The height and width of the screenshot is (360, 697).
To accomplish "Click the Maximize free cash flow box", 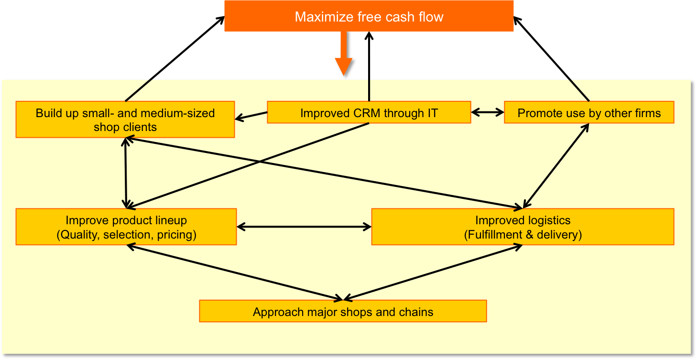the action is pyautogui.click(x=369, y=16).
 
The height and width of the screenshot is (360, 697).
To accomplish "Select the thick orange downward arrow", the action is pyautogui.click(x=344, y=53).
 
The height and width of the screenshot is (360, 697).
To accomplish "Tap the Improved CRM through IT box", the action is pyautogui.click(x=369, y=112).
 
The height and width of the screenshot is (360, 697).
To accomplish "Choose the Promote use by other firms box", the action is pyautogui.click(x=589, y=112).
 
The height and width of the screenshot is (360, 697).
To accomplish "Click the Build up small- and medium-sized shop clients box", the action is pyautogui.click(x=125, y=120).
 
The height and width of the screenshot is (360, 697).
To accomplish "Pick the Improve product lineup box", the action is pyautogui.click(x=126, y=227).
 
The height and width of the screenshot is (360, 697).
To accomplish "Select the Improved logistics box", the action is pyautogui.click(x=523, y=227).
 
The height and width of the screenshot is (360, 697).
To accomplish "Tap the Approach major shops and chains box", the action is pyautogui.click(x=343, y=311).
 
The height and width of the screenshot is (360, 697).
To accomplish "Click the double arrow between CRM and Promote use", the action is pyautogui.click(x=488, y=112).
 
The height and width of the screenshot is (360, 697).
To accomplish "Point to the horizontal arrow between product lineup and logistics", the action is pyautogui.click(x=304, y=227).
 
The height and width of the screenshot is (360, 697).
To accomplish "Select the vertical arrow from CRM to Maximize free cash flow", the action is pyautogui.click(x=369, y=66).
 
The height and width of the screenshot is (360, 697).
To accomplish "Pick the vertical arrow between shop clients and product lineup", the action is pyautogui.click(x=126, y=173).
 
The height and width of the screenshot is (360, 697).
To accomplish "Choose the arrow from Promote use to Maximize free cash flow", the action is pyautogui.click(x=551, y=59).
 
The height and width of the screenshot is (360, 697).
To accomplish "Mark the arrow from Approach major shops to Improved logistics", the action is pyautogui.click(x=433, y=273).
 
